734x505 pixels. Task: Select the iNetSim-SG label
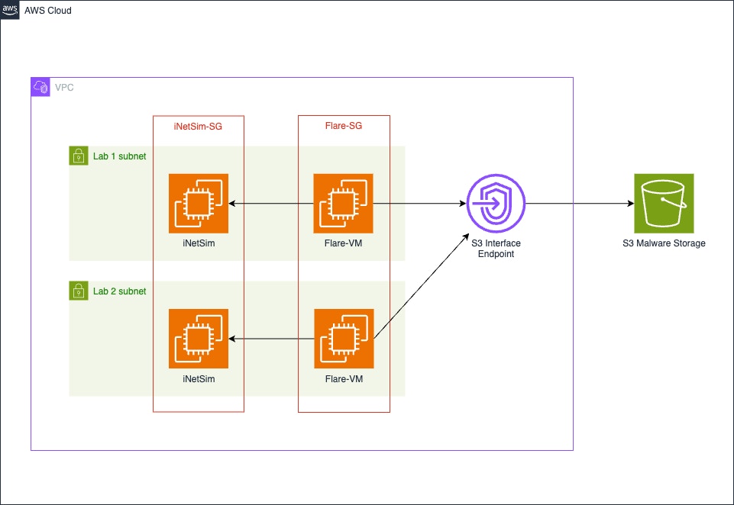(x=198, y=127)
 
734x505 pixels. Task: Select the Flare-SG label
(x=344, y=127)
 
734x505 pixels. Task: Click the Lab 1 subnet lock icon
(x=78, y=156)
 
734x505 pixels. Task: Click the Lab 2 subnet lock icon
(x=78, y=291)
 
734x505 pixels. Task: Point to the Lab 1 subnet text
(x=119, y=156)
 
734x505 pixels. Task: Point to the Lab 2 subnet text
(x=119, y=291)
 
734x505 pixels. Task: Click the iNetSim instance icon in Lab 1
(x=199, y=203)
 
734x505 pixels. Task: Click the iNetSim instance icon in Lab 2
(x=199, y=339)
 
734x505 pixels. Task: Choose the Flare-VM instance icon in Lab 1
(x=344, y=203)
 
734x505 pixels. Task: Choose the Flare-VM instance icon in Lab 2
(x=344, y=339)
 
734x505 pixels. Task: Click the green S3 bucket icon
(x=664, y=203)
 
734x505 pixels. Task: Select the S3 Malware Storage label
(x=664, y=243)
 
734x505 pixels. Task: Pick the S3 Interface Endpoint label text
(x=496, y=249)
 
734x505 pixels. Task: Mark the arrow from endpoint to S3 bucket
(x=580, y=204)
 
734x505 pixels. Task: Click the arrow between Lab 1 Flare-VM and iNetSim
(x=271, y=204)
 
